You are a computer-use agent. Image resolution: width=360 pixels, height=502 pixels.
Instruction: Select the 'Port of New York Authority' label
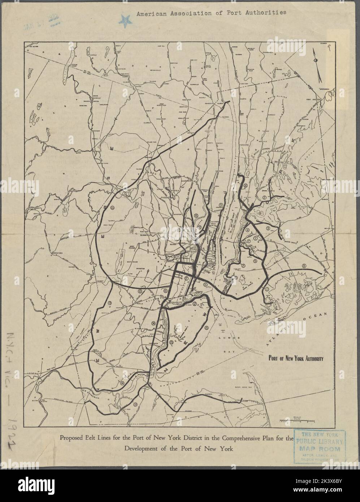point(295,359)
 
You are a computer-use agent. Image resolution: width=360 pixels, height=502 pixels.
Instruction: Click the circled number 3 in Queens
point(268,229)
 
